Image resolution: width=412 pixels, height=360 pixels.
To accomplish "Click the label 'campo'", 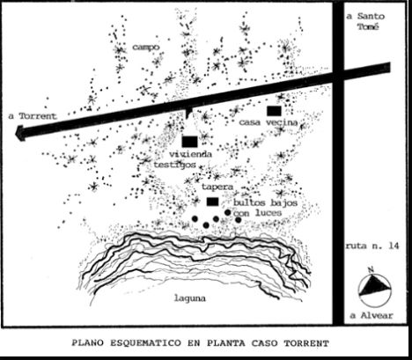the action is (x=146, y=47).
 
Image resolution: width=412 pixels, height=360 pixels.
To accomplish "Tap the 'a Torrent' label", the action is (x=33, y=116).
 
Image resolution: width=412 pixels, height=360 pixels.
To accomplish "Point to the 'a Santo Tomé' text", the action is (x=365, y=21).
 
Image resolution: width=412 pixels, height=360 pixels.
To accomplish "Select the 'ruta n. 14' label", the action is (x=372, y=246).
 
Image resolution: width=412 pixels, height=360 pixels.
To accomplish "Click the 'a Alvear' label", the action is (x=372, y=315).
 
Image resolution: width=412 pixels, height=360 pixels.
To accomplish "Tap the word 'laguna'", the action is (x=190, y=298).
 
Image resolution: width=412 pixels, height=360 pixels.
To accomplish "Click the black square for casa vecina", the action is (x=274, y=111).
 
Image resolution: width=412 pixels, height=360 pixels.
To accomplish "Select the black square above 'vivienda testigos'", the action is (x=189, y=142).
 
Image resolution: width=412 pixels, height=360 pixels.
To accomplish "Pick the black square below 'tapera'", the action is (x=212, y=202).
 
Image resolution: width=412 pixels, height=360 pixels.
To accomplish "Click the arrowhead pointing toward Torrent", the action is (x=20, y=133).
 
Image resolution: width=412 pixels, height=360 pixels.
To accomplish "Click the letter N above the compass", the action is (x=372, y=269).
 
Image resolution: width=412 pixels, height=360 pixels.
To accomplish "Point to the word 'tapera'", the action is (x=217, y=187).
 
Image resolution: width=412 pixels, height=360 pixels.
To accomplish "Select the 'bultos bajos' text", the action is (x=265, y=202).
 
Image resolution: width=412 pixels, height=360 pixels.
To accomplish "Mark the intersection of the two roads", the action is (x=338, y=74).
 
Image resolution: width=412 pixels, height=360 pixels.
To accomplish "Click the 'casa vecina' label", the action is (x=269, y=122).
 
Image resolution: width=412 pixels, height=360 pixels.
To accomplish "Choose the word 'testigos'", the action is (x=175, y=165).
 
